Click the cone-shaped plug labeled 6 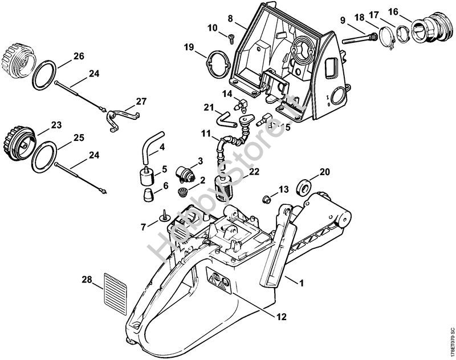tap(148, 193)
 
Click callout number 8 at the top tap(230, 18)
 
